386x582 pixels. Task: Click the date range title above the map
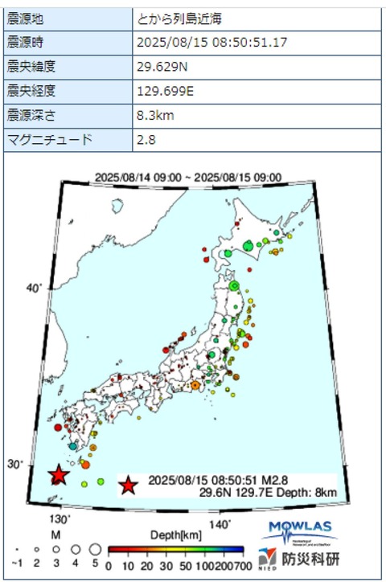pos(188,178)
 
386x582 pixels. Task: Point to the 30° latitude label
pos(33,464)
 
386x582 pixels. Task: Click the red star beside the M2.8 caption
pos(128,486)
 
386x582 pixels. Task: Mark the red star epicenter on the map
pos(58,476)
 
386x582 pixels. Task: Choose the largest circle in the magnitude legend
pos(94,549)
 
